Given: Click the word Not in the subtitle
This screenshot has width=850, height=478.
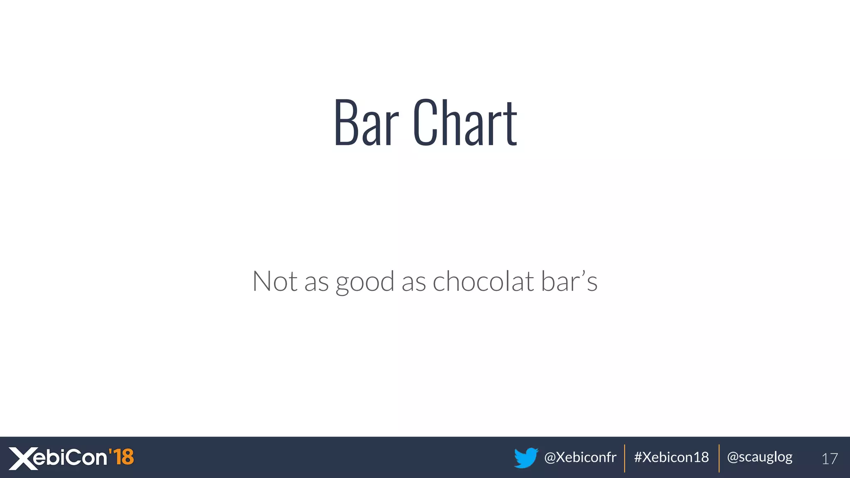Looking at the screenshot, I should point(275,281).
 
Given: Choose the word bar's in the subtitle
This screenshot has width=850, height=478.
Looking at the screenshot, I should point(569,281).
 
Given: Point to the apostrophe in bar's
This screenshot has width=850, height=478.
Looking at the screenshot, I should point(583,273).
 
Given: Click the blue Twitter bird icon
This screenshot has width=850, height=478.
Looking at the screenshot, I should point(526,458).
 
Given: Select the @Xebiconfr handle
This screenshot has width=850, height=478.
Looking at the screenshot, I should point(580,457).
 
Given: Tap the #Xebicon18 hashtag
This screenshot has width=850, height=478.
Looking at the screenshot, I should point(671,457).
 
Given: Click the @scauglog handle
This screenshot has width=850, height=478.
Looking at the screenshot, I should point(760,457).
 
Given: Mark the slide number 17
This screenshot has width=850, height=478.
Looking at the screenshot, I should point(830,458).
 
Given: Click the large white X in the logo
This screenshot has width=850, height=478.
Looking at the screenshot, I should point(23,458).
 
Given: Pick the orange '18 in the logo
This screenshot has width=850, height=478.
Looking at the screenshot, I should point(121,457).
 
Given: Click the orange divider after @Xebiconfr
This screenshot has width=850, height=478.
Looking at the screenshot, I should point(625,458).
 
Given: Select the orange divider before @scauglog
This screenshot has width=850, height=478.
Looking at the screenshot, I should point(719,458).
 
